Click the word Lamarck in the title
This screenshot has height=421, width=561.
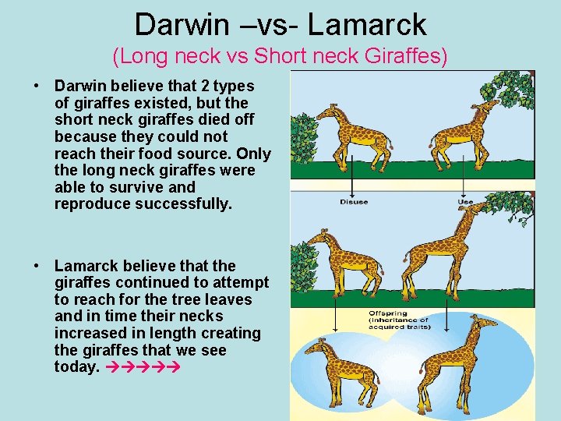point(367,24)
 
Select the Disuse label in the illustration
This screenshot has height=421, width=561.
point(353,203)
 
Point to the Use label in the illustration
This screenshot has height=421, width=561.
point(464,203)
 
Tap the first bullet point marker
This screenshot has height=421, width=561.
point(37,86)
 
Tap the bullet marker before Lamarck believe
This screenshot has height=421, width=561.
point(37,266)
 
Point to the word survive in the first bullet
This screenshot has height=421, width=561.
point(157,187)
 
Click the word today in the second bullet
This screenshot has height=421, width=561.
point(76,366)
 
